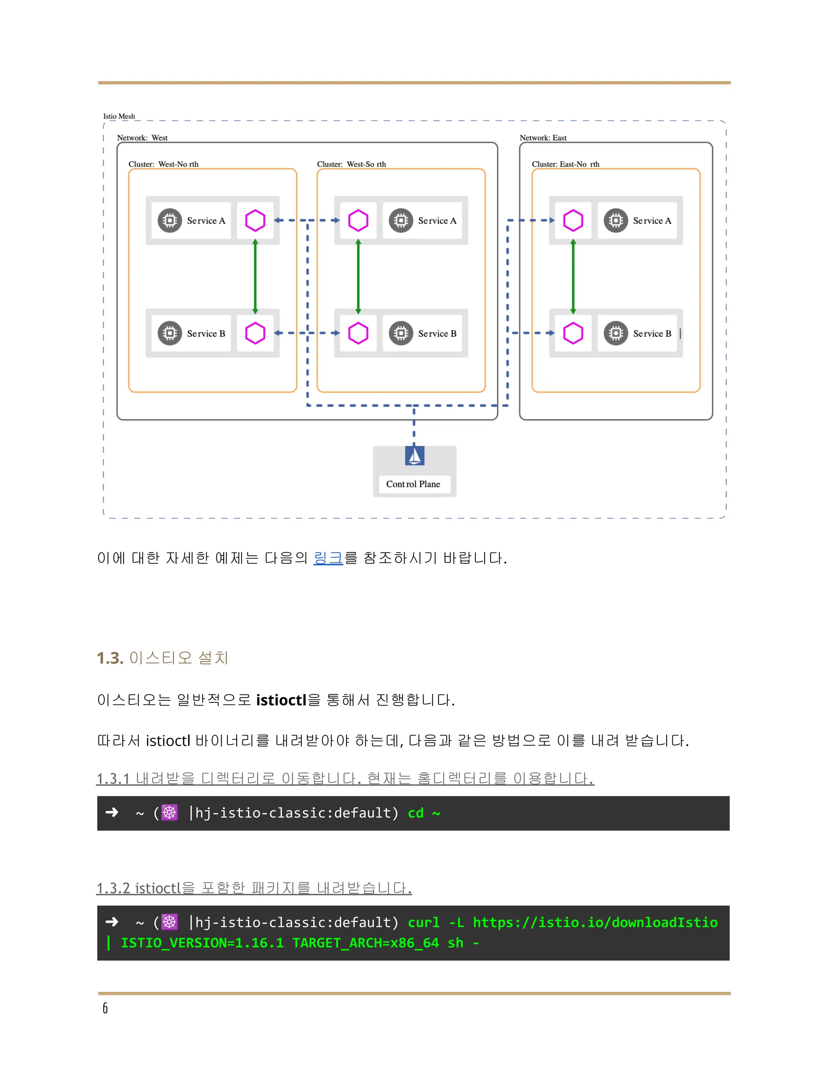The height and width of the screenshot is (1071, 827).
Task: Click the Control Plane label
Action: [413, 484]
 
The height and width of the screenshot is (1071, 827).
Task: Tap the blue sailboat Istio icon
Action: [414, 455]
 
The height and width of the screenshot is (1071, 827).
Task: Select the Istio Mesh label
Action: [119, 116]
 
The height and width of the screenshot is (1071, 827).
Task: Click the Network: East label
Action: [543, 138]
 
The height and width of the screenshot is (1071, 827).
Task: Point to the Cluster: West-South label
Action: [351, 164]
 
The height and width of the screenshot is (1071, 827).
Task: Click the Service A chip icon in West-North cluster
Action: [170, 221]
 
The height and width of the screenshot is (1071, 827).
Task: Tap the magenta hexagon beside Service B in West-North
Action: [255, 333]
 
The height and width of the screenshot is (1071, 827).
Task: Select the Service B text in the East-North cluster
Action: [652, 333]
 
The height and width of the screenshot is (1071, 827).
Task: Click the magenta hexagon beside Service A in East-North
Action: [573, 221]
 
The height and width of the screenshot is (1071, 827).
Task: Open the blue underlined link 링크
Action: [328, 558]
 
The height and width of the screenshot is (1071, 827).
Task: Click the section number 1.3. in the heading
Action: [110, 658]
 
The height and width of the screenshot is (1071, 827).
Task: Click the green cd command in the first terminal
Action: [416, 813]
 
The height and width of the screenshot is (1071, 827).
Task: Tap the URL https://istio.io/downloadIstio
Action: [595, 922]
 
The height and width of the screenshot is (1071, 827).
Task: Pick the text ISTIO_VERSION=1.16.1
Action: [202, 943]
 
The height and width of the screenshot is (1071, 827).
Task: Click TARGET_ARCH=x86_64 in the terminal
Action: [365, 943]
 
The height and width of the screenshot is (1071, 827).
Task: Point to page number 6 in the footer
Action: [105, 1008]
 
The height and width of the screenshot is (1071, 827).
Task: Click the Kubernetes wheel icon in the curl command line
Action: [170, 922]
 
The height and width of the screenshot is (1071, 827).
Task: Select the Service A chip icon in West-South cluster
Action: [401, 221]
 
